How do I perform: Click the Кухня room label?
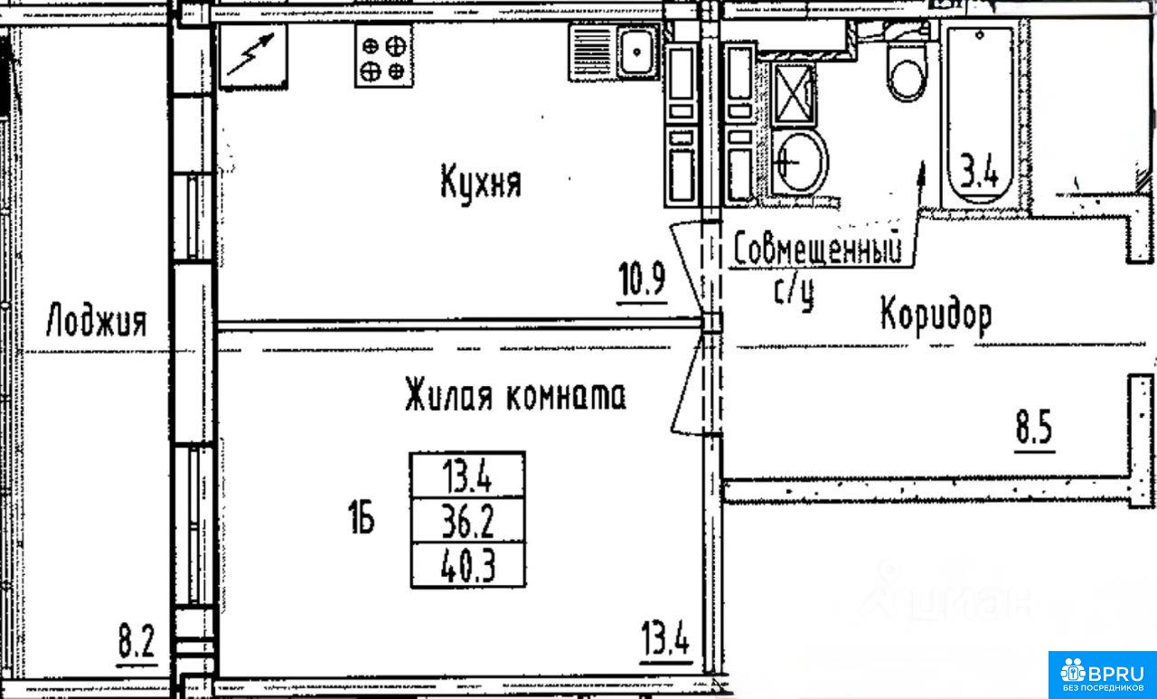point(481,183)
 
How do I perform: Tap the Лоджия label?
point(97,320)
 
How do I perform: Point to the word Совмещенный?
point(818,249)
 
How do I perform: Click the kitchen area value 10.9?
point(642,279)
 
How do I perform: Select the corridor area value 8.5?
point(1034,427)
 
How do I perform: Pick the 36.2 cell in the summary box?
point(468,521)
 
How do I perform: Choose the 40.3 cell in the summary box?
point(468,565)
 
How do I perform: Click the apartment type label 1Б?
point(362,516)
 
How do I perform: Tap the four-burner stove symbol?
point(384,55)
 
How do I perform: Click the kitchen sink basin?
point(637,52)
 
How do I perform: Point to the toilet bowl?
point(907,71)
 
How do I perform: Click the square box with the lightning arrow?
point(254,56)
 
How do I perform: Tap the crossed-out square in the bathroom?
point(794,95)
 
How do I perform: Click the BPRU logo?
point(1103,675)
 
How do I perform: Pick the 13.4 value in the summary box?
point(468,476)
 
